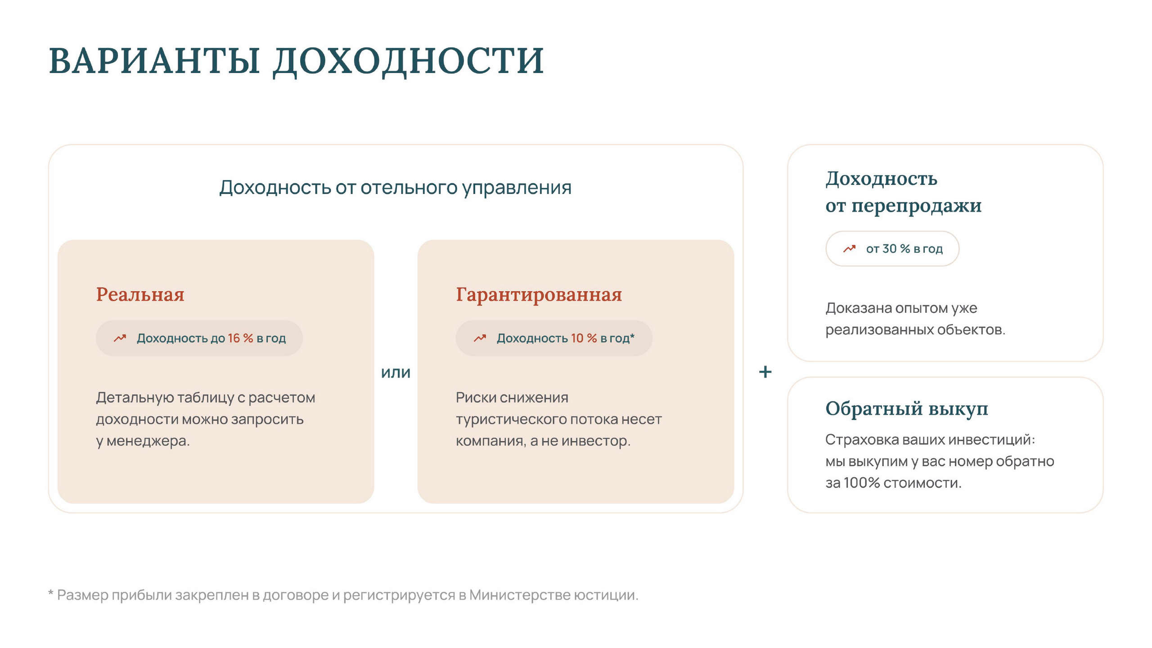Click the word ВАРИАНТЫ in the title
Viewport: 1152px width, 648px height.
(154, 61)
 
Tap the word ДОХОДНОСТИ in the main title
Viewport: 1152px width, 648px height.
(409, 62)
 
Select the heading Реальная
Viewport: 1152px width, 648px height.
(140, 295)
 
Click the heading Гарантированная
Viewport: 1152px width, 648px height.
(539, 295)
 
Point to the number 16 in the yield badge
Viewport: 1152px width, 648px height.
(234, 338)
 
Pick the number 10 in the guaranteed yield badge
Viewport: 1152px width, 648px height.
(577, 338)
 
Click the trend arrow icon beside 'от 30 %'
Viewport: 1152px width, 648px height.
(849, 248)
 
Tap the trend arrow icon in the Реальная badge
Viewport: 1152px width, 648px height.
(120, 338)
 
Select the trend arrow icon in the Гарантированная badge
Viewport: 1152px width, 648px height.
(480, 338)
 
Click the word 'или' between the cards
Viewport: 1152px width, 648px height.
(396, 373)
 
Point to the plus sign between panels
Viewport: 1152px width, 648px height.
(765, 372)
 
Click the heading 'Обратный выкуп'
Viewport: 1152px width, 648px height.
(907, 409)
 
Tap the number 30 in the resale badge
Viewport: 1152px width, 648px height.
(890, 248)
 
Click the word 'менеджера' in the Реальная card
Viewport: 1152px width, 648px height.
(148, 441)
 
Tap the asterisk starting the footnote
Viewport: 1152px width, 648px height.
(51, 592)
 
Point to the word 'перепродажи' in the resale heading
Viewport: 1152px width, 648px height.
(916, 206)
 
